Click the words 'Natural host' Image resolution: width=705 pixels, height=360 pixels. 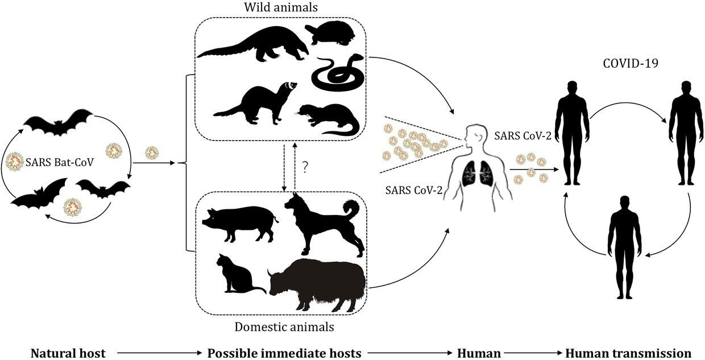click(x=68, y=353)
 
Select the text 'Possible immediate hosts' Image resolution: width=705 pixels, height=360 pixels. click(x=284, y=353)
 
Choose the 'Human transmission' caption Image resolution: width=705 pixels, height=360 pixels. click(x=628, y=353)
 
